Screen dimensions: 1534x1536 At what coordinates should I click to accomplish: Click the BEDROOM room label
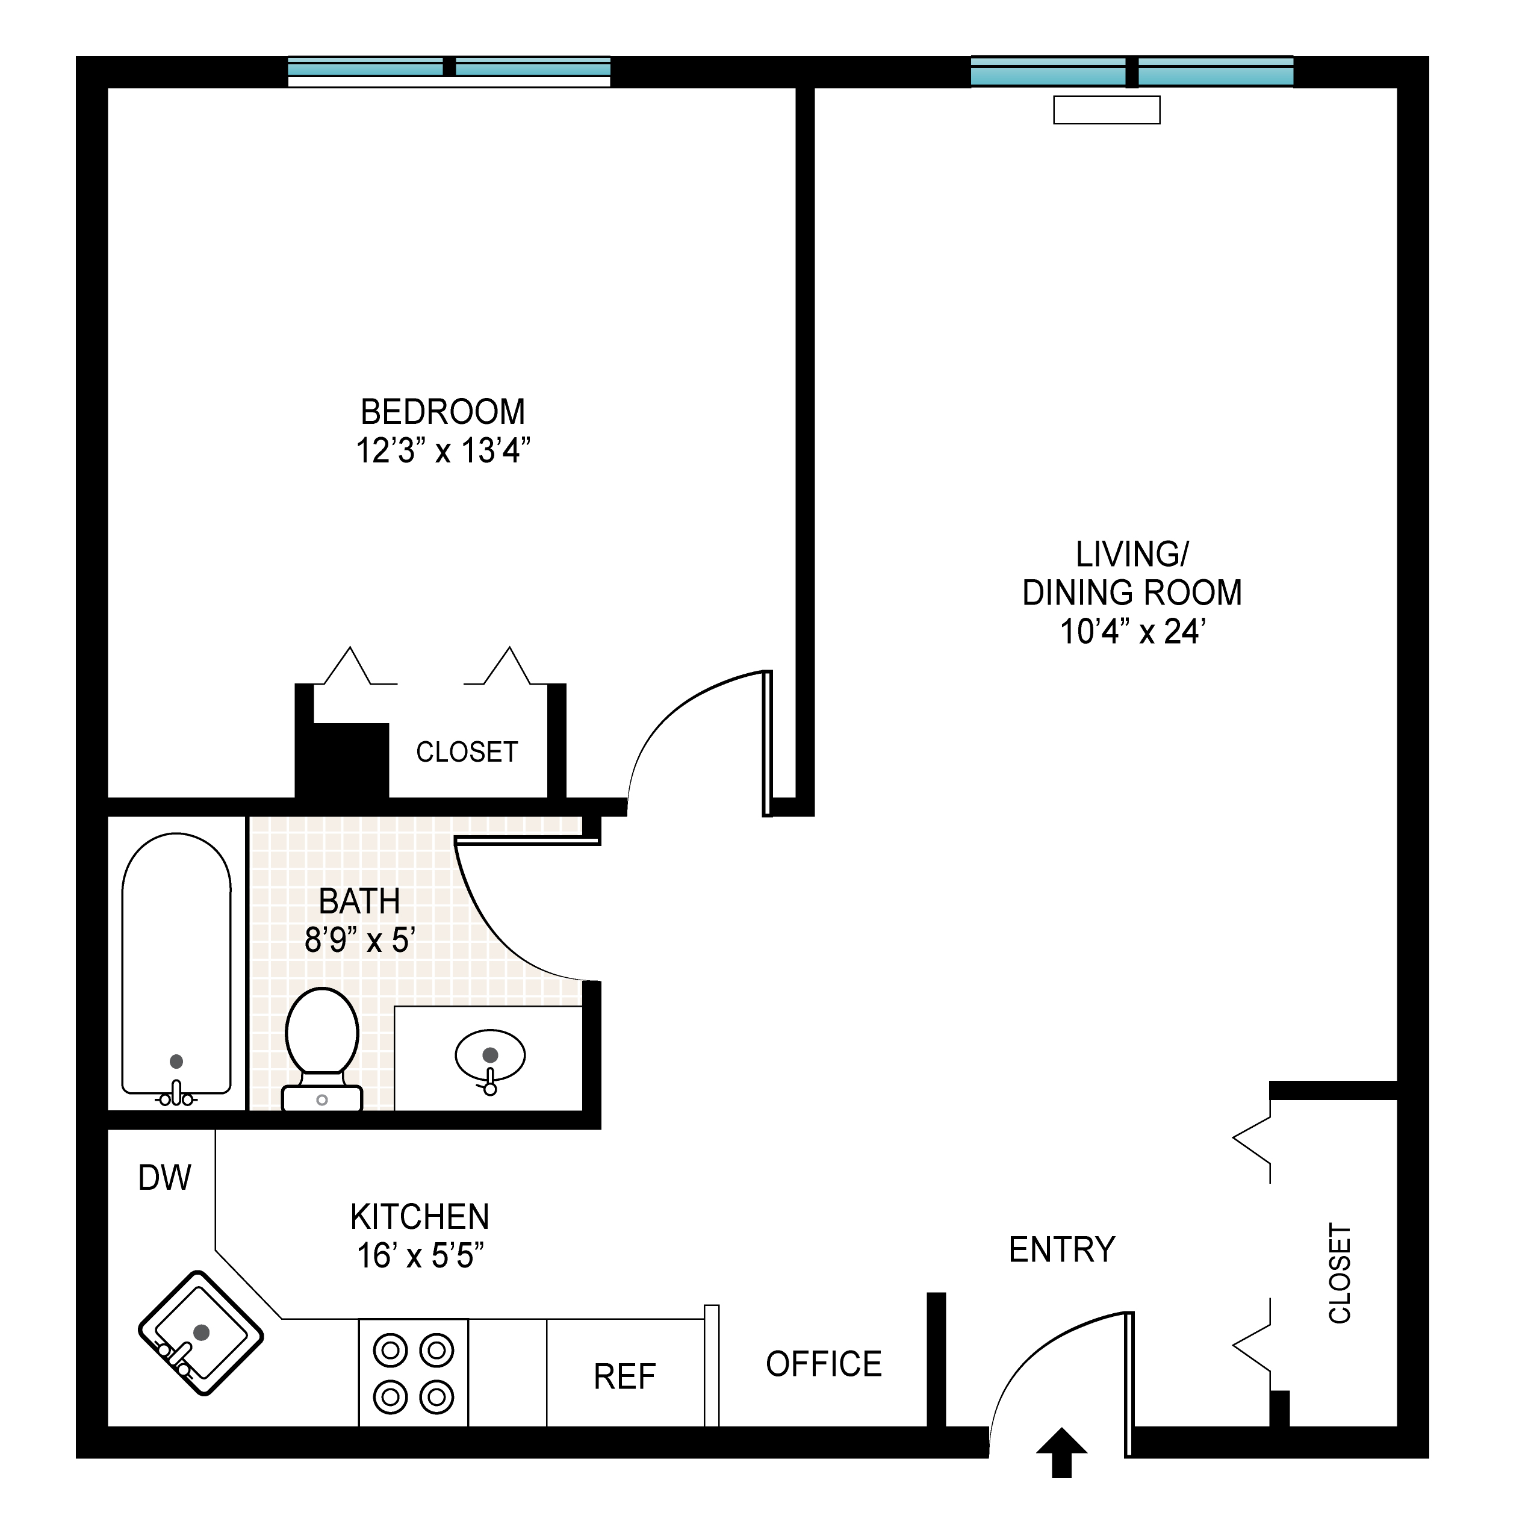(442, 412)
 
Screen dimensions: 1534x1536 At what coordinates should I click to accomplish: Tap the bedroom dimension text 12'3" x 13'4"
(442, 451)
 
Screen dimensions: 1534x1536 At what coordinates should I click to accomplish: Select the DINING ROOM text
(1132, 593)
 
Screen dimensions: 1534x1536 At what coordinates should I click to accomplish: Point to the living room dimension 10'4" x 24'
(1132, 632)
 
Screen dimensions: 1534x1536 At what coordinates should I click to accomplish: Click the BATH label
(359, 901)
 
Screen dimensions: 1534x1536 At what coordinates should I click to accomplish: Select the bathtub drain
(176, 1062)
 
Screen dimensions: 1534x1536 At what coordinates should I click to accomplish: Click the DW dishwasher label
(164, 1178)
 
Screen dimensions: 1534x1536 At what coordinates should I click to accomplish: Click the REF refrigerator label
(625, 1377)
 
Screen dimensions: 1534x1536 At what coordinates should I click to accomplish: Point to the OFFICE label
(824, 1364)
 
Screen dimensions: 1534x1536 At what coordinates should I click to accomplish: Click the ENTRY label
(1062, 1250)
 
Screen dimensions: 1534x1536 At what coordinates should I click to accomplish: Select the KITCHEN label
(420, 1217)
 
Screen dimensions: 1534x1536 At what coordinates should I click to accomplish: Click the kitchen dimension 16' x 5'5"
(420, 1256)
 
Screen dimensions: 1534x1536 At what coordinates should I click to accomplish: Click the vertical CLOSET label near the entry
(1340, 1273)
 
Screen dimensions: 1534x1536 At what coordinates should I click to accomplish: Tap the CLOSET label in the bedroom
(467, 752)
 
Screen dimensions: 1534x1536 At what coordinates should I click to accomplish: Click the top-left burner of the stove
(390, 1350)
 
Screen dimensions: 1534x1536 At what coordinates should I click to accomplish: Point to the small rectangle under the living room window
(1107, 110)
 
